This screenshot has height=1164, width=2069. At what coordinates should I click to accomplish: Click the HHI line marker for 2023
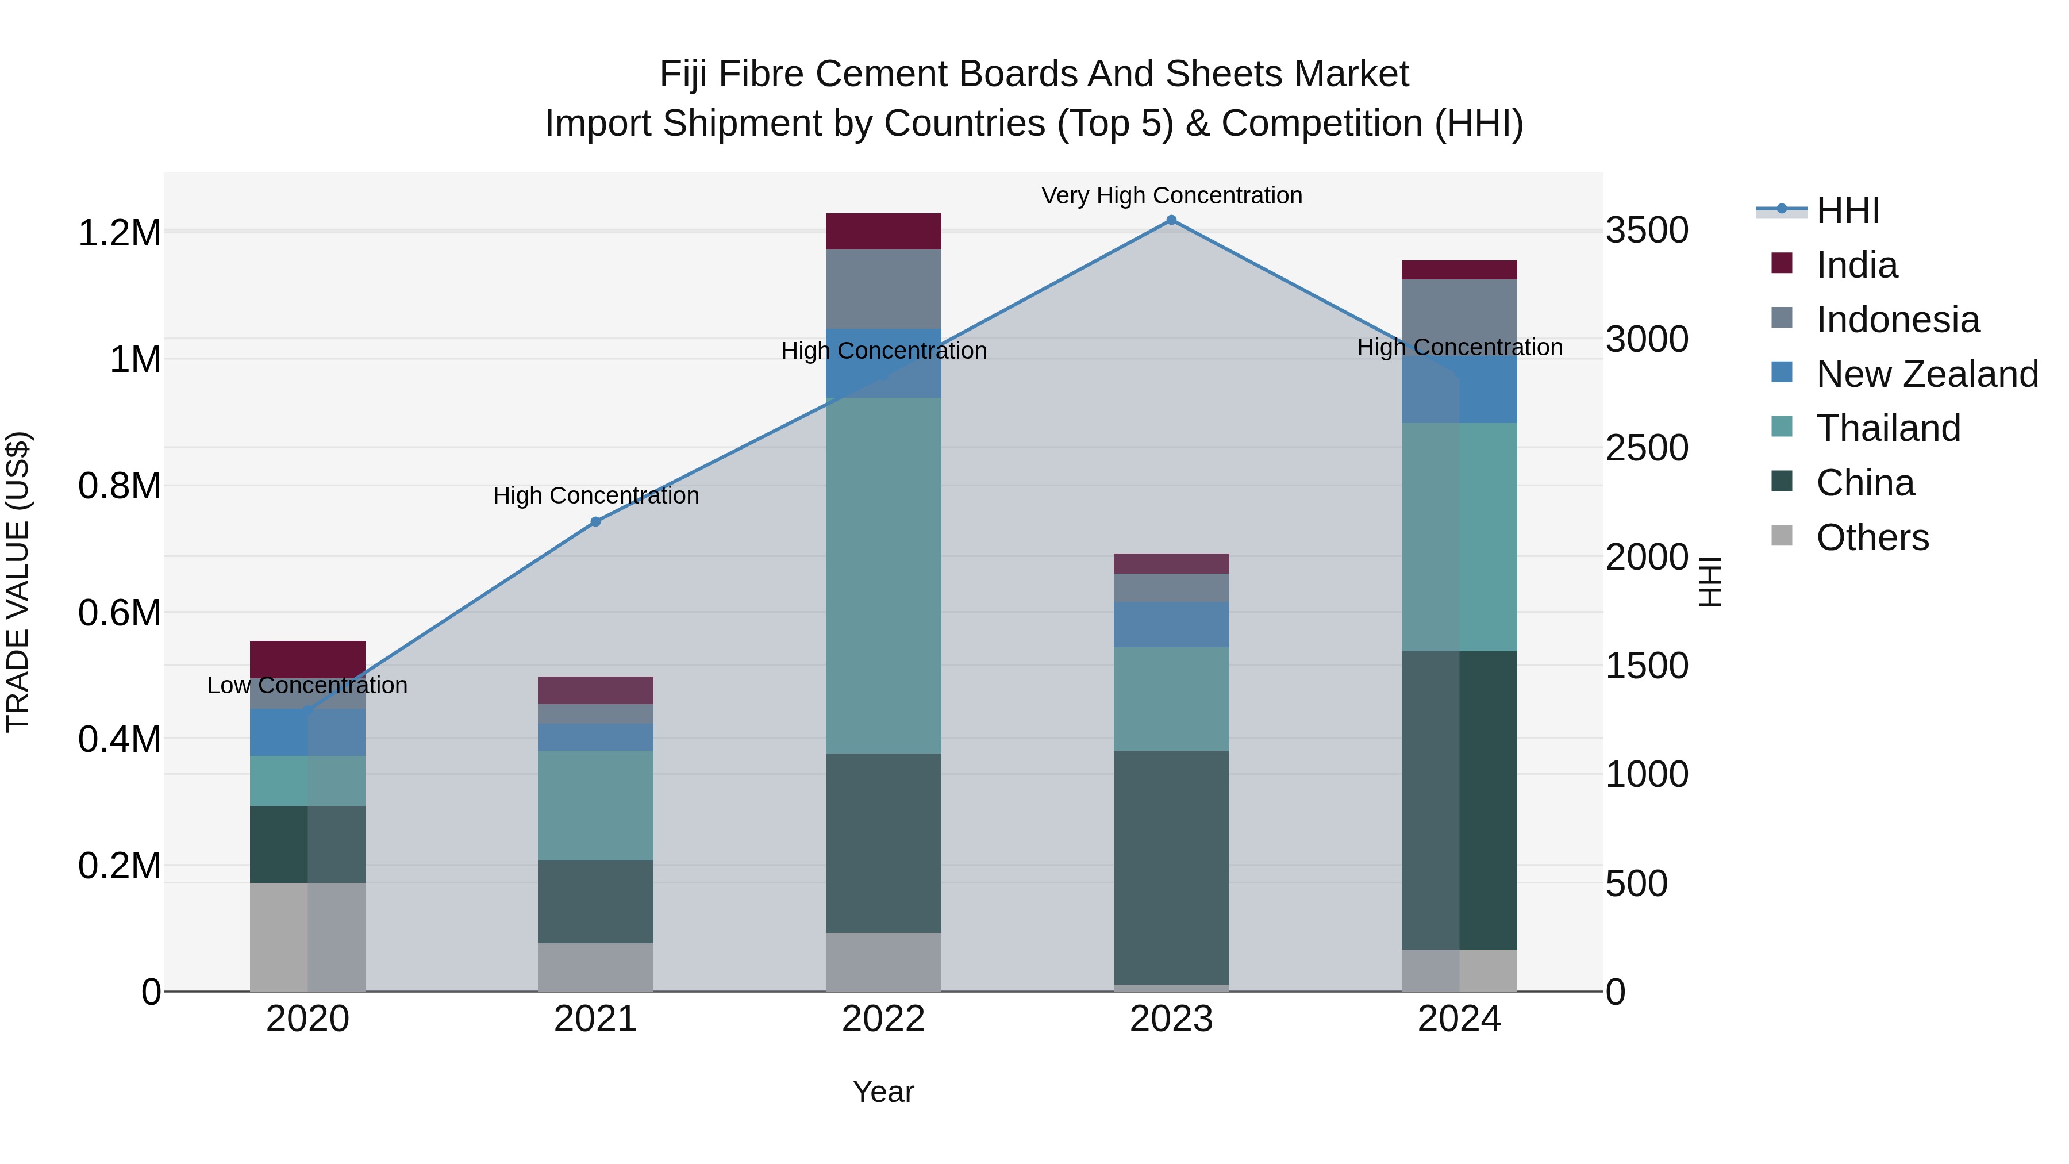coord(1171,220)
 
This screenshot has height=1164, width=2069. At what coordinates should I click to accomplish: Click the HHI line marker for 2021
coord(595,522)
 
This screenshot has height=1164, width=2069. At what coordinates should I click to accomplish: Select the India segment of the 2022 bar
coord(883,231)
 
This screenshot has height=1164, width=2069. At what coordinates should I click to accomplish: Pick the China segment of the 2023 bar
coord(1171,867)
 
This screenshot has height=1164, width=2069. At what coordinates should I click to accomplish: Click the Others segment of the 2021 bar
coord(595,967)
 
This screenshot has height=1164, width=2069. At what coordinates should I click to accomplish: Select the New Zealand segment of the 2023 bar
coord(1171,624)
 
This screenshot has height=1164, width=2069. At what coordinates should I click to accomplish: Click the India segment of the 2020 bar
coord(307,659)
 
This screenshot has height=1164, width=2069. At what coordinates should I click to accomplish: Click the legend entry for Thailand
coord(1887,428)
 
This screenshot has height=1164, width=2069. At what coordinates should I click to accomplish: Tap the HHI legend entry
coord(1847,210)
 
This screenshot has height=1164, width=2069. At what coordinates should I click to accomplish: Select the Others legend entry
coord(1871,537)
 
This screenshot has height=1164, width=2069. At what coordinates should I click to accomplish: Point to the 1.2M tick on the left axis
coord(119,233)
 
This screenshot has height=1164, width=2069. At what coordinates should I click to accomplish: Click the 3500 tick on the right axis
coord(1647,231)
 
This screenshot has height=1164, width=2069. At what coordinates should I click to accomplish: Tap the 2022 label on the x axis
coord(883,1019)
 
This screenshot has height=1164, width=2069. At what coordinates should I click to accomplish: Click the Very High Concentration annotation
coord(1171,195)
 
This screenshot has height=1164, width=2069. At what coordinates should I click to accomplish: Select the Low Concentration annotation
coord(307,685)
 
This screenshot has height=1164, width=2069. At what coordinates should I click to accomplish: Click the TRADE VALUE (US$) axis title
coord(18,582)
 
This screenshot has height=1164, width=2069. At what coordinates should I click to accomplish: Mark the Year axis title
coord(883,1092)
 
